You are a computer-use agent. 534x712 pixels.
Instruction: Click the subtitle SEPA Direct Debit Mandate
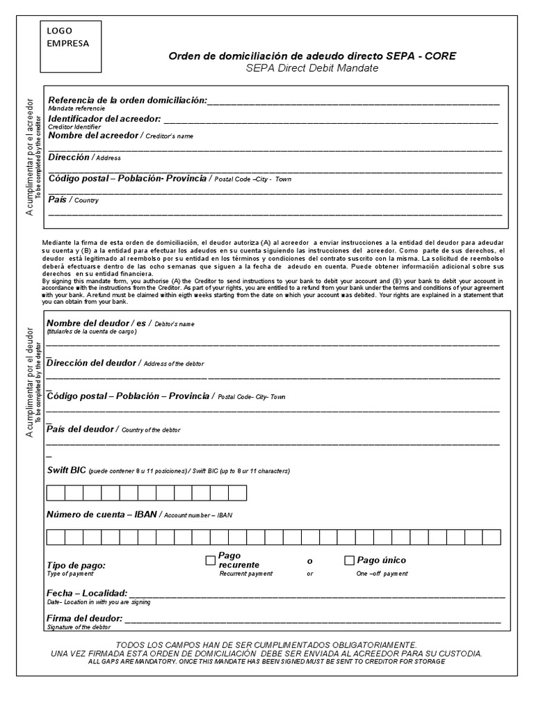[x=312, y=68]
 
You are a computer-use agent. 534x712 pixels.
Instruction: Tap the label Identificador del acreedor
[x=104, y=119]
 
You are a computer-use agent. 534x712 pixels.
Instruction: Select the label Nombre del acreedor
[x=94, y=135]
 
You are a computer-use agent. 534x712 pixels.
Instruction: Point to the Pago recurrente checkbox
[x=210, y=560]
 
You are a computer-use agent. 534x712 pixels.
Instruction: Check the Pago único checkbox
[x=350, y=560]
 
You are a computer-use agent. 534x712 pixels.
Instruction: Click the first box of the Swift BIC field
[x=56, y=493]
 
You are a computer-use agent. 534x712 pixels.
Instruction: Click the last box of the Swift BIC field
[x=238, y=493]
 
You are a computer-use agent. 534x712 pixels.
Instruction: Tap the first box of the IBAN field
[x=56, y=537]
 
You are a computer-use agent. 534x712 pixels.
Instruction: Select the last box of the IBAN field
[x=492, y=537]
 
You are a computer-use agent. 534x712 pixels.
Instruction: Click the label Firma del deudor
[x=84, y=618]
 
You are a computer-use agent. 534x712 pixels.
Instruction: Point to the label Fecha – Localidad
[x=87, y=593]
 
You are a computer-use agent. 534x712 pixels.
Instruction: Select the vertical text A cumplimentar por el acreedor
[x=29, y=157]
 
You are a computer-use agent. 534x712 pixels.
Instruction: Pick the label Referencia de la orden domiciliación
[x=127, y=101]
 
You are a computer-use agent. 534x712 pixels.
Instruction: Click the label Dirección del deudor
[x=92, y=363]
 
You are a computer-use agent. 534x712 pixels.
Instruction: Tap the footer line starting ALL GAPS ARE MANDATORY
[x=266, y=661]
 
